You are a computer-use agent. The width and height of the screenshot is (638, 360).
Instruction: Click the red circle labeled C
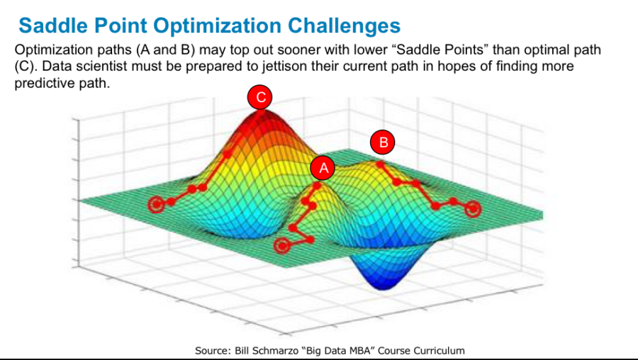(x=259, y=97)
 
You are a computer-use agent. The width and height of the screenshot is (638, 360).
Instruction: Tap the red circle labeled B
(x=383, y=142)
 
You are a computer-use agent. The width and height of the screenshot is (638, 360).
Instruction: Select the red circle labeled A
(x=323, y=167)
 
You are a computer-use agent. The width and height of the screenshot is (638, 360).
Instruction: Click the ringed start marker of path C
(x=156, y=204)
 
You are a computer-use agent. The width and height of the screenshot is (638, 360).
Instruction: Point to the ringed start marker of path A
(x=282, y=246)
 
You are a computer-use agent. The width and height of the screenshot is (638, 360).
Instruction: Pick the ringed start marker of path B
(x=473, y=209)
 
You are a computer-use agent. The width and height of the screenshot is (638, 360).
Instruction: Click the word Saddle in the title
(x=52, y=26)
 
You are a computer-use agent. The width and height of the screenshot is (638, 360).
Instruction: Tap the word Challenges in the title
(x=344, y=26)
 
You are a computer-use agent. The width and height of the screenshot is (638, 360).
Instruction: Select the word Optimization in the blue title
(x=217, y=26)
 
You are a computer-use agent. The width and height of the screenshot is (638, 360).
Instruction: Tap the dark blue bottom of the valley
(x=383, y=285)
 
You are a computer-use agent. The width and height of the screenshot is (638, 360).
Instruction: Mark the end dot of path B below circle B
(x=380, y=164)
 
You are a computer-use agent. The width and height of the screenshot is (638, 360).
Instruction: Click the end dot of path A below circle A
(x=317, y=186)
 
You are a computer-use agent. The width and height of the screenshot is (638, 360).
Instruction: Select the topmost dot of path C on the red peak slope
(x=227, y=154)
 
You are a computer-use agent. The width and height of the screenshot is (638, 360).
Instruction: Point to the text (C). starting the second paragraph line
(x=26, y=67)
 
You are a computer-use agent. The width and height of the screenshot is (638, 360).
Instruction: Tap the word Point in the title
(x=120, y=26)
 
